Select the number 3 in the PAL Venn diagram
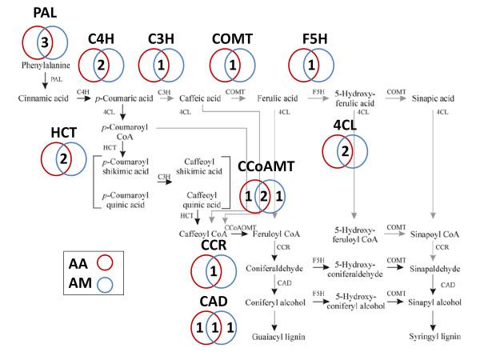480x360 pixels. (x=46, y=42)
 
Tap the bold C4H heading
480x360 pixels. (x=106, y=39)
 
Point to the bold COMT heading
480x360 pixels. (x=233, y=39)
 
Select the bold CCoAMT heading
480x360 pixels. (x=266, y=166)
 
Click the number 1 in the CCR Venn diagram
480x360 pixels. (x=213, y=273)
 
